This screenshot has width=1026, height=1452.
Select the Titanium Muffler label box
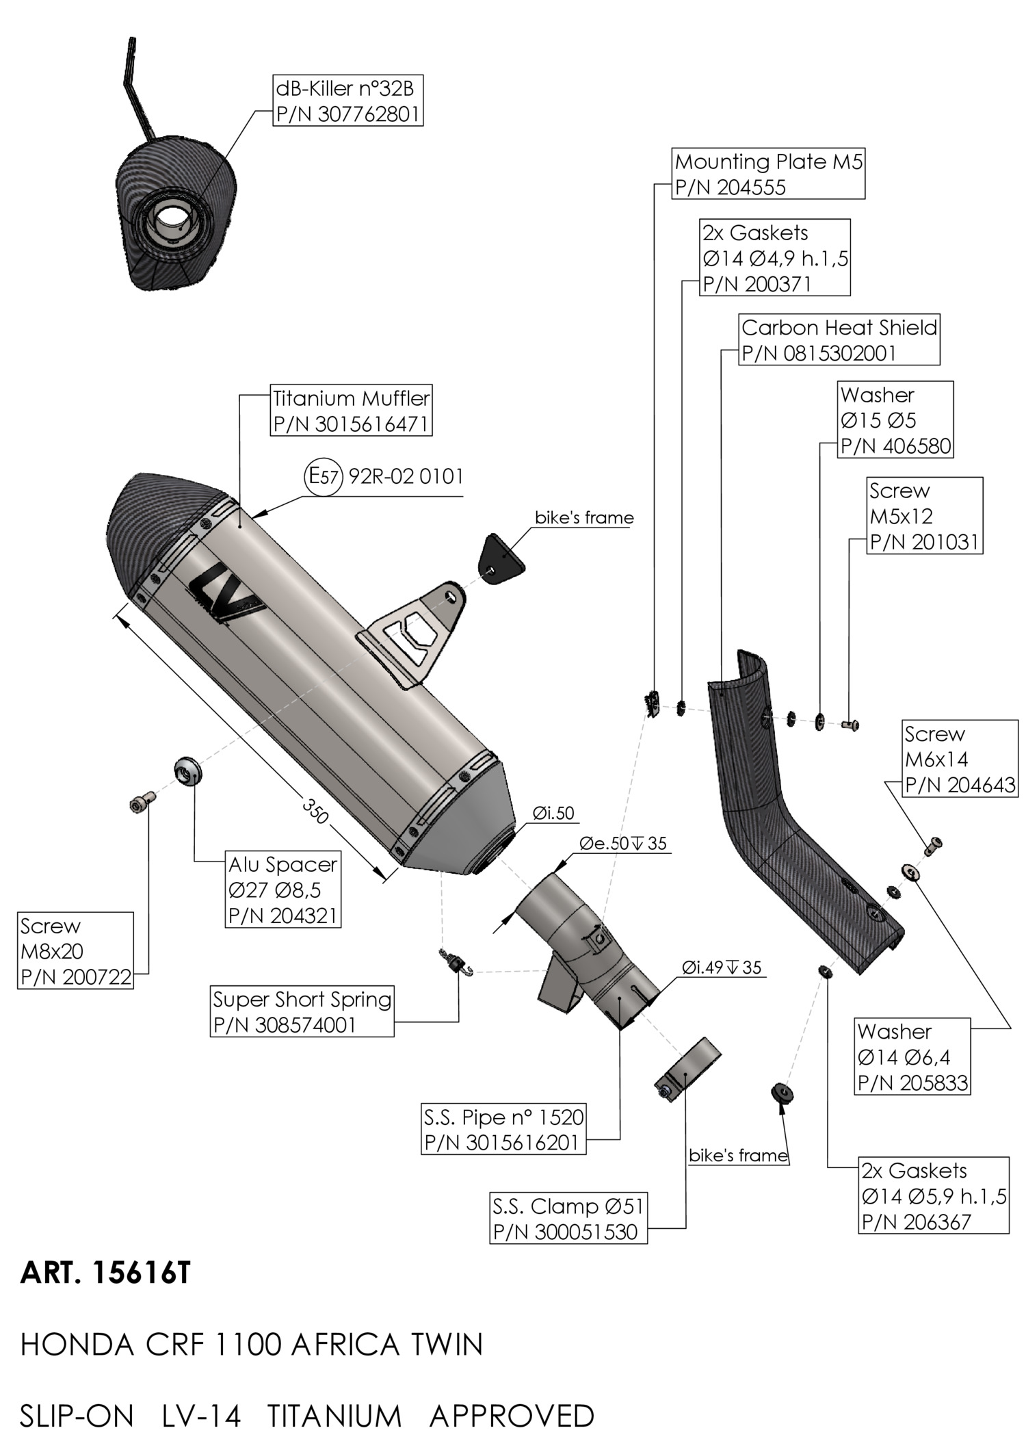point(352,411)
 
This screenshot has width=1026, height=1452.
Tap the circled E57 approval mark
point(321,476)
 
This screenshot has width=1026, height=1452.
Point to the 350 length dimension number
point(316,811)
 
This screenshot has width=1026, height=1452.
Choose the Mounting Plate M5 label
point(768,174)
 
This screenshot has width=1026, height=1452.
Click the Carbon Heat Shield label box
point(839,340)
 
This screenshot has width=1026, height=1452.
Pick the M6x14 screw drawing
point(934,845)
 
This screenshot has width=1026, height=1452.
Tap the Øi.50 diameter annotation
point(553,814)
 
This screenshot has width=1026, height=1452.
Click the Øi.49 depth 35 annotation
point(721,968)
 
